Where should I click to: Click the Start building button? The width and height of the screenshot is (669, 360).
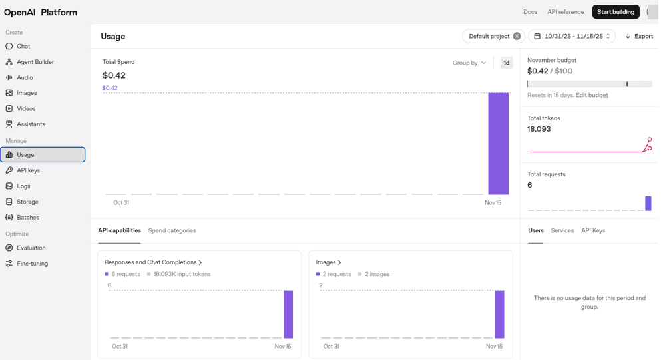615,12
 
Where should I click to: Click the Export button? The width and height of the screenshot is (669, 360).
639,36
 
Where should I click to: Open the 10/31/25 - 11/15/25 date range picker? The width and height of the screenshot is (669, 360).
572,36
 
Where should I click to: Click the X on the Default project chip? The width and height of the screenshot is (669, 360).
517,36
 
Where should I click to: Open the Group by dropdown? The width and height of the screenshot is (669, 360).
469,63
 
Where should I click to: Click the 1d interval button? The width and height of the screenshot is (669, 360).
507,63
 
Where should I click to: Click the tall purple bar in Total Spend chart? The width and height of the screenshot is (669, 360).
499,143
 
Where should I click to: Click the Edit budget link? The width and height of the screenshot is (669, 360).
592,95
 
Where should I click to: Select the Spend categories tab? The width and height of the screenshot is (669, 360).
172,230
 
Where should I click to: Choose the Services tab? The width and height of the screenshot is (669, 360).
562,230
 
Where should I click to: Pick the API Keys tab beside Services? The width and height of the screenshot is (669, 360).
593,230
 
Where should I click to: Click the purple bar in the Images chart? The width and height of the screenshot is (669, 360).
500,314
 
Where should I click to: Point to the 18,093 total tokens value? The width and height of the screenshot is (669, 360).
539,129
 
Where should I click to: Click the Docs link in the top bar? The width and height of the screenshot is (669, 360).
530,12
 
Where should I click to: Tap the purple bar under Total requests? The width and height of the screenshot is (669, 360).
648,204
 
